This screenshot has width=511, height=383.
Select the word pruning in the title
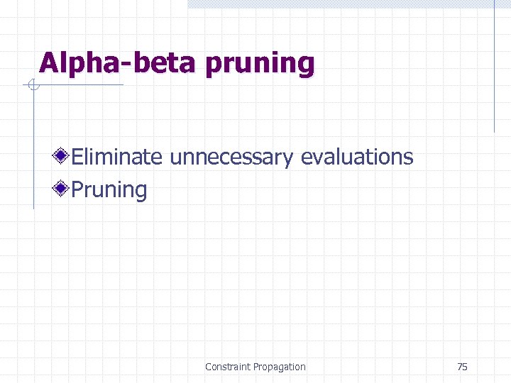point(259,65)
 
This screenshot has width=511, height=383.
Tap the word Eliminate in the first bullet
point(117,156)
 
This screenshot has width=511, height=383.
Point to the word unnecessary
point(231,157)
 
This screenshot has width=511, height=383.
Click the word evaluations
point(357,156)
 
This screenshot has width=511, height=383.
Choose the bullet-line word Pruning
point(109,190)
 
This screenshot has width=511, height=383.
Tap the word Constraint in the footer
point(227,367)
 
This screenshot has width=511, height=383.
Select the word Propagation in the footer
point(279,367)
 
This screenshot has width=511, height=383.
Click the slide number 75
point(462,367)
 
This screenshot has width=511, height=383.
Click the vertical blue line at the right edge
point(495,67)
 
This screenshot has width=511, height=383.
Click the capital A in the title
point(48,63)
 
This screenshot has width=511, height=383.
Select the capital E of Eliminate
point(77,156)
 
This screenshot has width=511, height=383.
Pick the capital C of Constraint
point(209,367)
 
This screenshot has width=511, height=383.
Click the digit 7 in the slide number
point(459,367)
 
